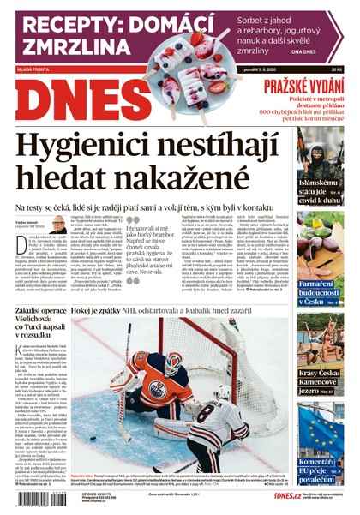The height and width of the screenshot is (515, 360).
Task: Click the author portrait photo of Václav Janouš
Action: (57, 225)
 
